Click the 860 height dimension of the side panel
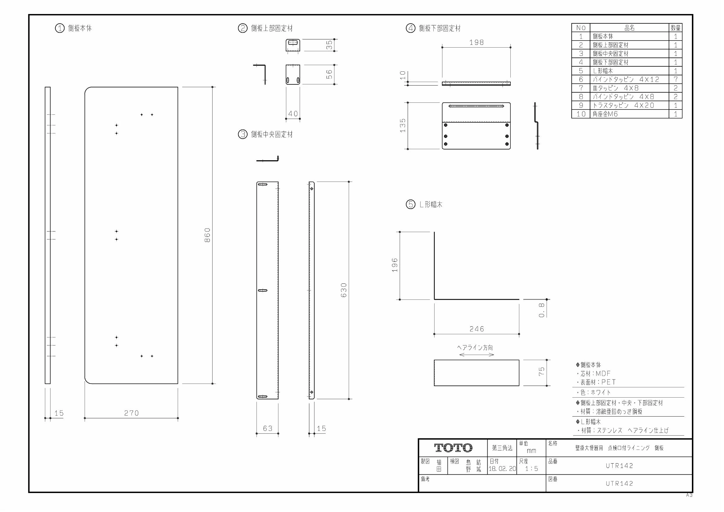pyautogui.click(x=207, y=235)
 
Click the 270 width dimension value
pyautogui.click(x=132, y=413)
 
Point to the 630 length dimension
pyautogui.click(x=344, y=290)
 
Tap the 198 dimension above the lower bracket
pyautogui.click(x=477, y=42)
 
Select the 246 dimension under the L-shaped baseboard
pyautogui.click(x=477, y=329)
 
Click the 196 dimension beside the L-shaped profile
pyautogui.click(x=395, y=265)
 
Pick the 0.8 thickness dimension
pyautogui.click(x=542, y=310)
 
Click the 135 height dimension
pyautogui.click(x=403, y=126)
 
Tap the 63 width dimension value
pyautogui.click(x=268, y=429)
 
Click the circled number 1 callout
pyautogui.click(x=60, y=28)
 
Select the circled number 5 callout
pyautogui.click(x=411, y=204)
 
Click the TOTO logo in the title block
pyautogui.click(x=453, y=448)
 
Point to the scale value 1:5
pyautogui.click(x=532, y=469)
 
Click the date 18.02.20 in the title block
pyautogui.click(x=502, y=469)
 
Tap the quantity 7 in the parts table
pyautogui.click(x=676, y=79)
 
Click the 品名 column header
pyautogui.click(x=629, y=28)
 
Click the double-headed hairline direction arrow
pyautogui.click(x=477, y=355)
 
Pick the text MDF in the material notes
pyautogui.click(x=603, y=374)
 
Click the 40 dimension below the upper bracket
pyautogui.click(x=293, y=114)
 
